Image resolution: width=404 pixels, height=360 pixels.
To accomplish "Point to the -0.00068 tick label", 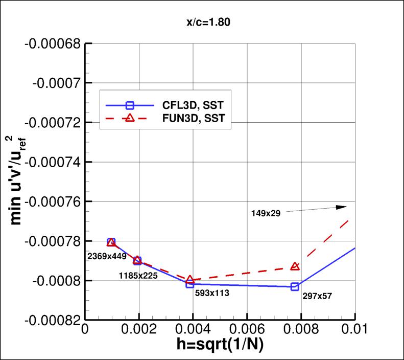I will [x=52, y=44].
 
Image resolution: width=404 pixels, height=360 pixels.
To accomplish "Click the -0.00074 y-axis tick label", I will [x=52, y=162].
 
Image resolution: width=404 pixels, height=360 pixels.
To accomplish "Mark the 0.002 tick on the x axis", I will [x=138, y=330].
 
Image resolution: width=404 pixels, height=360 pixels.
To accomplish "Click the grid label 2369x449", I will [x=108, y=256].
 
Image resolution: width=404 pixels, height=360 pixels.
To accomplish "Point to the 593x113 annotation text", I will [x=210, y=294].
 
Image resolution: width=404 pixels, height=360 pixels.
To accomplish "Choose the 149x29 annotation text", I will [x=266, y=212].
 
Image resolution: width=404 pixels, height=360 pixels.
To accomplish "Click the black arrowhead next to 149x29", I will [x=342, y=207].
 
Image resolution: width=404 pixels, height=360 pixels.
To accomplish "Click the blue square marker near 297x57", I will [x=295, y=286].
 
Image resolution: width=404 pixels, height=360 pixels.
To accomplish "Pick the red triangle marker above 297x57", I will [x=295, y=266].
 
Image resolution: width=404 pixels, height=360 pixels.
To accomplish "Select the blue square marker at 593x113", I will [x=190, y=284].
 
